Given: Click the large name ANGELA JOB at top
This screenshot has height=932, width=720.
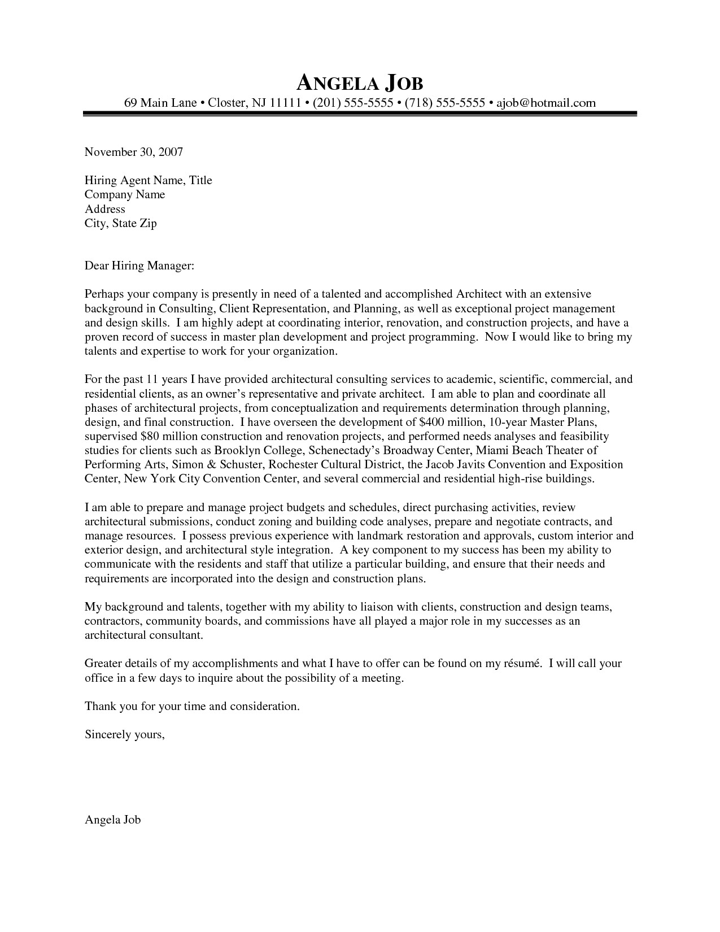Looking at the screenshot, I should [x=360, y=83].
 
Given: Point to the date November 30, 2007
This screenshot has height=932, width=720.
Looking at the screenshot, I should [x=134, y=152].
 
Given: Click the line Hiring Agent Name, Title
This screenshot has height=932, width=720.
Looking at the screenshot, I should [x=148, y=181].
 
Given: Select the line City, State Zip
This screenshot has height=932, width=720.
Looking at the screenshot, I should [x=120, y=224].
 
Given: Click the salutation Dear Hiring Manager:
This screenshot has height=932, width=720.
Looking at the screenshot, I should [x=139, y=265].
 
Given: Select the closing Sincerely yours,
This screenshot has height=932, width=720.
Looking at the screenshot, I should [x=125, y=735].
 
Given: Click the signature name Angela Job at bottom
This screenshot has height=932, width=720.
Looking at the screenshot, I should [x=112, y=820].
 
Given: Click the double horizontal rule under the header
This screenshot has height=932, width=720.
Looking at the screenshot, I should [x=360, y=114].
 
